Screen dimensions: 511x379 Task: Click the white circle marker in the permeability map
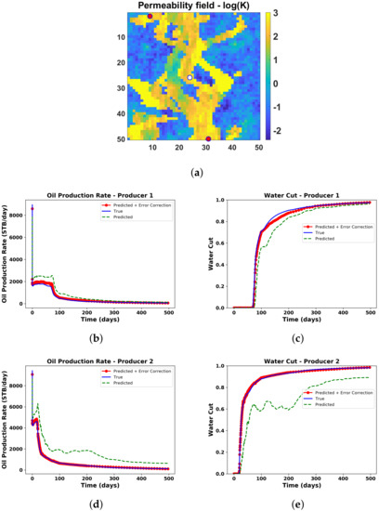189,78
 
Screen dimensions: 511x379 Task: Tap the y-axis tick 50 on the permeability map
137,139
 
